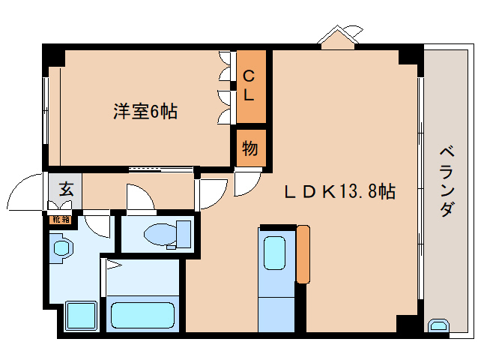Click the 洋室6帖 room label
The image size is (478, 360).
(145, 112)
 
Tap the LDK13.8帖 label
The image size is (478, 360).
(339, 191)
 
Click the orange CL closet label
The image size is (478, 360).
(249, 85)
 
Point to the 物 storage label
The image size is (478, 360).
(249, 148)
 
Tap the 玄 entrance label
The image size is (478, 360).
(65, 190)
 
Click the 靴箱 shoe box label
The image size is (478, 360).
(60, 220)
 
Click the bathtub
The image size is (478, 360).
(142, 313)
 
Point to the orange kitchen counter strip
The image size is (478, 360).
(303, 253)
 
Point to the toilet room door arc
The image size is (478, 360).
(139, 199)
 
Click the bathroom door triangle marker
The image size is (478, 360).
(112, 263)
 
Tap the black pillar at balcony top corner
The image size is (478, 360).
(410, 55)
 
